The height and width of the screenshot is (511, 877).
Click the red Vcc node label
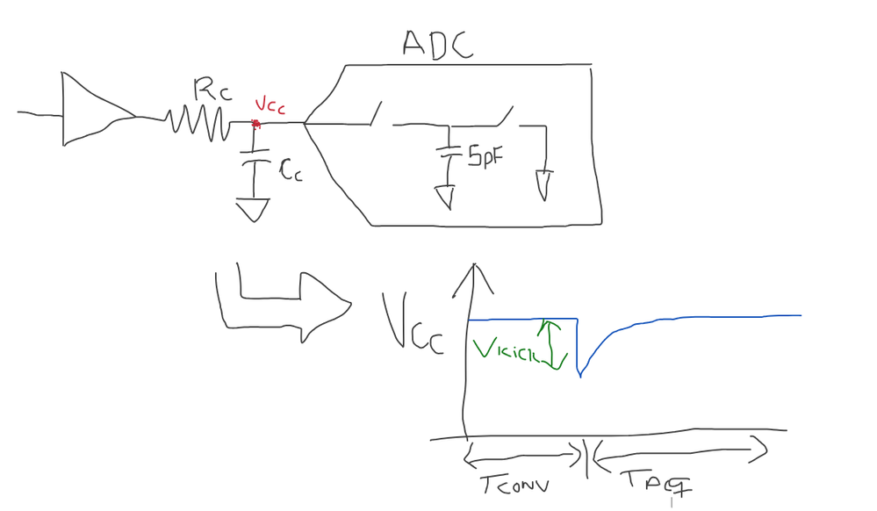269,108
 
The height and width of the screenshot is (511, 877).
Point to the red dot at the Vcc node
255,124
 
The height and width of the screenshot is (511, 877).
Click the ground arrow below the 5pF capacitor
445,196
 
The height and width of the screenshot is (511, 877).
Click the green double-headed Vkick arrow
552,344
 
